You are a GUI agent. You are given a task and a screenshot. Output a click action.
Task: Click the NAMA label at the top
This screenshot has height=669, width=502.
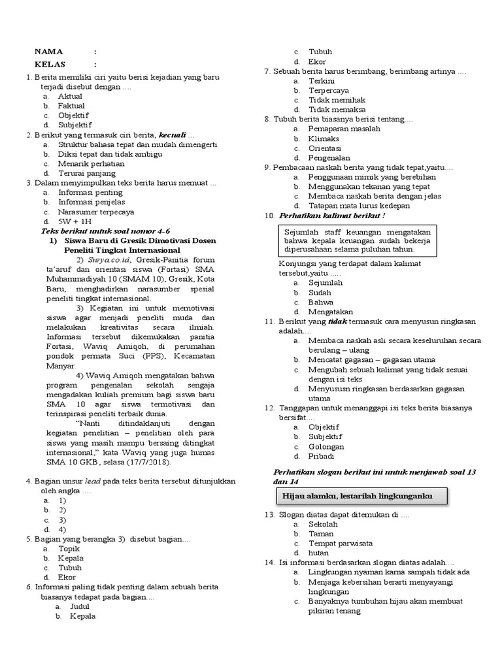pyautogui.click(x=48, y=52)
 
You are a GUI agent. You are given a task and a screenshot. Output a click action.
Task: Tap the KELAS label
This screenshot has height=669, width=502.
pyautogui.click(x=50, y=64)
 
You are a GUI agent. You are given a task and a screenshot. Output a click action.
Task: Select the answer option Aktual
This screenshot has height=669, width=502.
pyautogui.click(x=71, y=96)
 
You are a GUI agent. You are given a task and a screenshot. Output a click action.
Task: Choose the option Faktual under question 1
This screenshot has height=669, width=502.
pyautogui.click(x=72, y=106)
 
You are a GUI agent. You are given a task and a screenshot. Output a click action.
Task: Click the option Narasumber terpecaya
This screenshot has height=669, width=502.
pyautogui.click(x=96, y=212)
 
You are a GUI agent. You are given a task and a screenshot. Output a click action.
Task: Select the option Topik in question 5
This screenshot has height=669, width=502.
pyautogui.click(x=69, y=549)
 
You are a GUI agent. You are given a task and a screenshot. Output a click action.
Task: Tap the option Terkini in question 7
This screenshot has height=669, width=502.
pyautogui.click(x=322, y=80)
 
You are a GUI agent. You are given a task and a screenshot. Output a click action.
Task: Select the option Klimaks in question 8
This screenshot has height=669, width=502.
pyautogui.click(x=324, y=139)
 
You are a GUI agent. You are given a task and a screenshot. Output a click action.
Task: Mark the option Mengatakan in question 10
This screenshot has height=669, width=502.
pyautogui.click(x=331, y=312)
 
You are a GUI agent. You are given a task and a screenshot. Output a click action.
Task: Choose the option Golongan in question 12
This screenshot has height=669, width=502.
pyautogui.click(x=327, y=446)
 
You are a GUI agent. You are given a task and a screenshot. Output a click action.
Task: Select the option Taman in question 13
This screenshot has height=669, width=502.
pyautogui.click(x=321, y=533)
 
